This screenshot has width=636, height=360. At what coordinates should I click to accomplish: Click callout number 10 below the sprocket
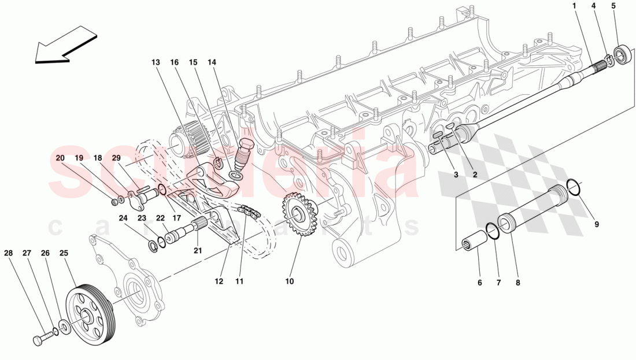pos(289,281)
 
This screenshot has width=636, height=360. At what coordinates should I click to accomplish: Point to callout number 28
pos(8,253)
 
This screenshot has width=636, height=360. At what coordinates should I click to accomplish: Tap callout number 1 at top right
pos(575,6)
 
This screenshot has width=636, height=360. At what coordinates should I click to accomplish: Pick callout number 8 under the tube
pos(517,283)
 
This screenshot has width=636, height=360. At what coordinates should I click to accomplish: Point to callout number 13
pos(155,62)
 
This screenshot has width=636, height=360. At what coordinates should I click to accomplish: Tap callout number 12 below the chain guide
pos(219,281)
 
